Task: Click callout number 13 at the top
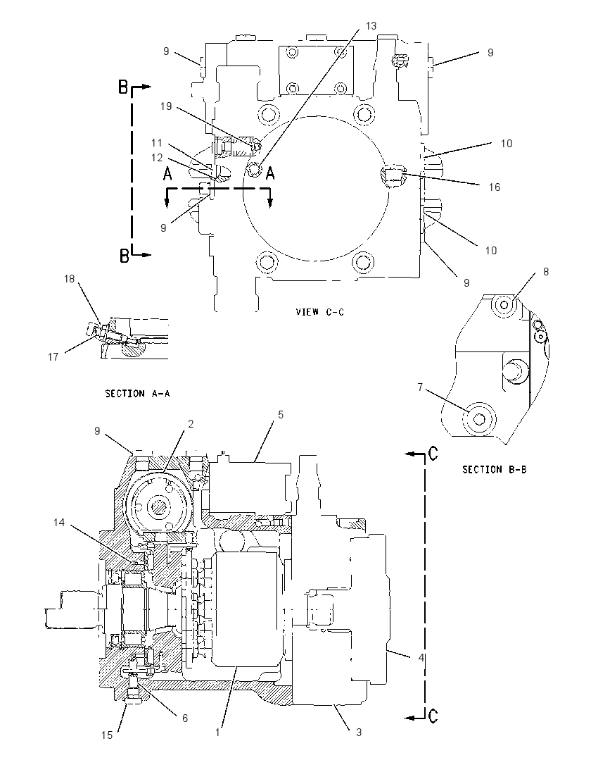pyautogui.click(x=371, y=25)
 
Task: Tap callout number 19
pyautogui.click(x=166, y=106)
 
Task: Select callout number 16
pyautogui.click(x=495, y=187)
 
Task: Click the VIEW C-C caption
pyautogui.click(x=319, y=311)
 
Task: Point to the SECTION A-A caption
pyautogui.click(x=138, y=393)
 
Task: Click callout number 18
pyautogui.click(x=70, y=279)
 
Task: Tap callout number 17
pyautogui.click(x=53, y=357)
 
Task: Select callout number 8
pyautogui.click(x=546, y=271)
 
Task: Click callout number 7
pyautogui.click(x=420, y=387)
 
